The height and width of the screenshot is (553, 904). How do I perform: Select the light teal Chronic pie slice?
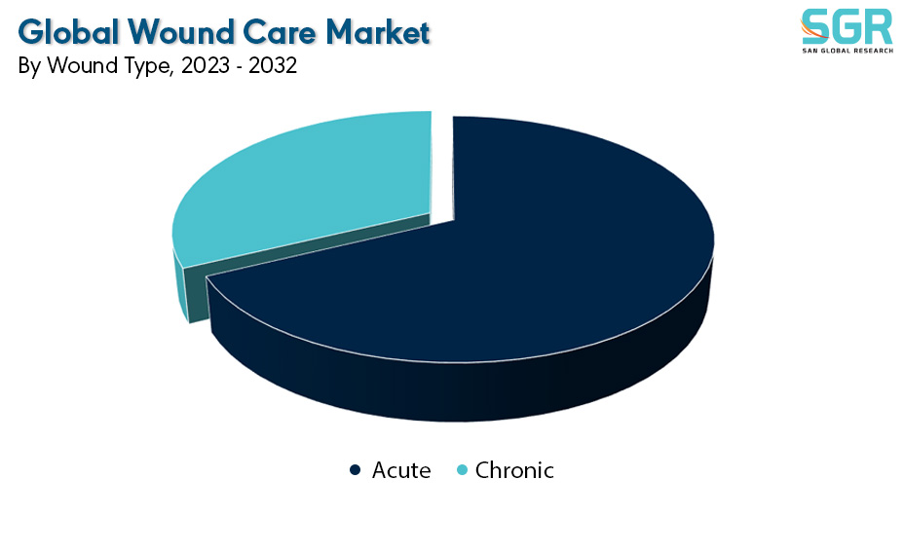(x=312, y=184)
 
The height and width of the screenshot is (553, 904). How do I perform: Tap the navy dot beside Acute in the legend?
(x=356, y=470)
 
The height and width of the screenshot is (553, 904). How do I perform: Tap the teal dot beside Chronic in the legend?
(x=462, y=470)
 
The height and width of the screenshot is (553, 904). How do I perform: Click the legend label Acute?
(x=401, y=470)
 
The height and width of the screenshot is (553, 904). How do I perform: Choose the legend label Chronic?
(x=514, y=470)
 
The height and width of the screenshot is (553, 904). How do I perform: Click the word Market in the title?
(x=378, y=31)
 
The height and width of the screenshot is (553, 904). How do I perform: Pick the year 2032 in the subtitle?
(x=273, y=65)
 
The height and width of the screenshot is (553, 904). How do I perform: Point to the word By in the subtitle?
(x=29, y=67)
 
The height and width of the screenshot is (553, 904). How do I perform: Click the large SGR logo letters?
(x=847, y=26)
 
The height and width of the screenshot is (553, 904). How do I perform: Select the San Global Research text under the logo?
(x=847, y=51)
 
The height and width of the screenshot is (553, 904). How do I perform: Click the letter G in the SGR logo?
(x=847, y=26)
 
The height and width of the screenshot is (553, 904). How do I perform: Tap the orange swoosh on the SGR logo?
(x=812, y=30)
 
